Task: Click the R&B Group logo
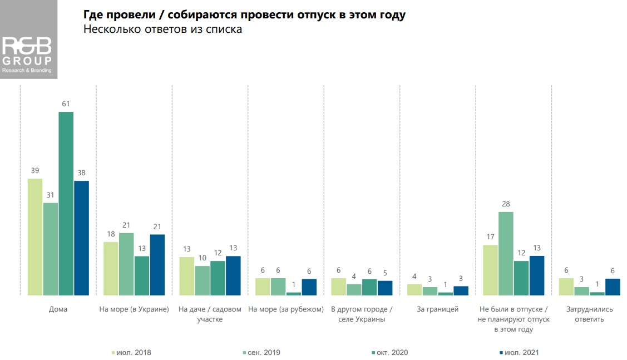click(28, 55)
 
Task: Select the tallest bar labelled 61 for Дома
click(66, 203)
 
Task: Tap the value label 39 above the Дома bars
click(35, 171)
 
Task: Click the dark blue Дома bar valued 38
click(82, 238)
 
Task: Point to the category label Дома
click(58, 309)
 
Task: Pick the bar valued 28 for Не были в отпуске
click(506, 253)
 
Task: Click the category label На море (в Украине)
click(134, 309)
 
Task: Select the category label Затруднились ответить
click(590, 314)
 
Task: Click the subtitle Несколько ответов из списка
click(163, 29)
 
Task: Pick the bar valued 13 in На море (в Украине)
click(142, 275)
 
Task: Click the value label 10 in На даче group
click(203, 258)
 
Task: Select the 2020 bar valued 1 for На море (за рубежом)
click(294, 293)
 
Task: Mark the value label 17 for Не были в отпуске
click(490, 237)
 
